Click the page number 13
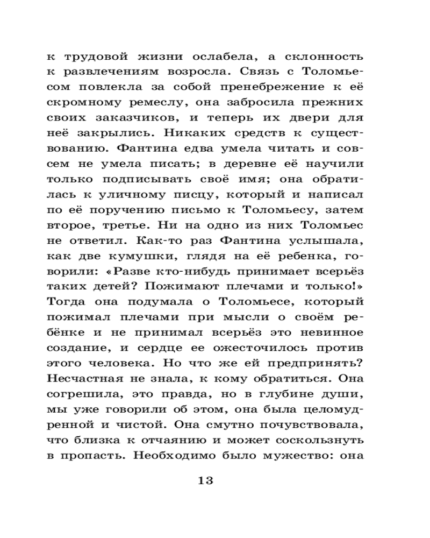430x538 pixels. (206, 480)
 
